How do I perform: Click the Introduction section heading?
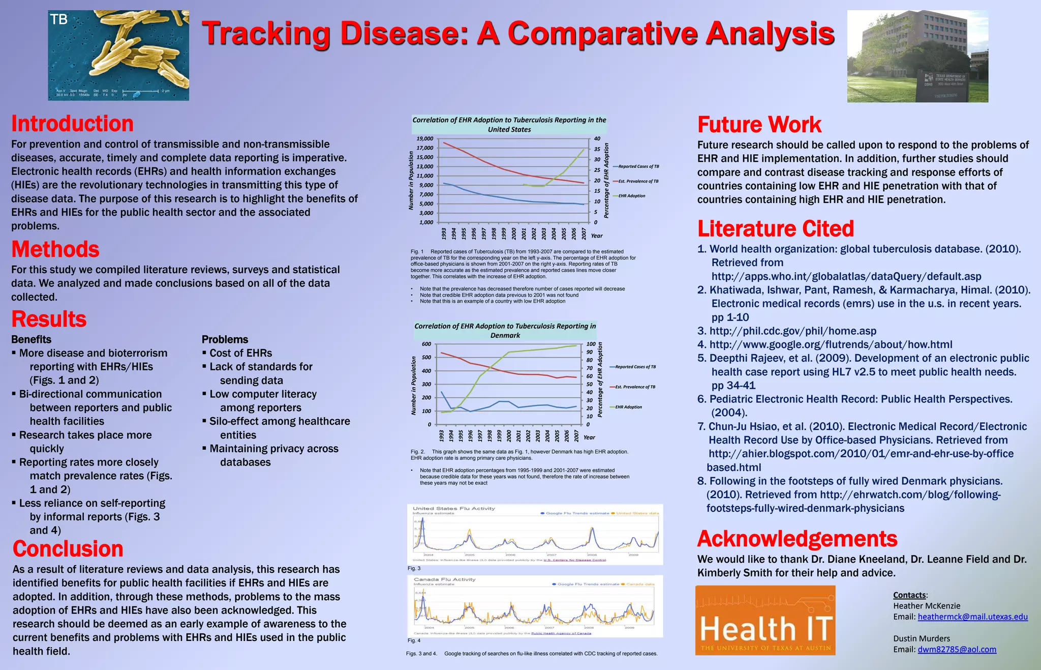coord(72,124)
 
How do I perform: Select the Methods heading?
coord(55,249)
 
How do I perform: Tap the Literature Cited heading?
coord(775,228)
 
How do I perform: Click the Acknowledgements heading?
coord(797,538)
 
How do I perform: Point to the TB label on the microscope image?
coord(59,20)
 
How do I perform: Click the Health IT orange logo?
coord(765,620)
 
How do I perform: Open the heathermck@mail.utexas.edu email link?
coord(972,617)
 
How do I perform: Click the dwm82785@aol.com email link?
coord(957,649)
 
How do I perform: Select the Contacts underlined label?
coord(910,595)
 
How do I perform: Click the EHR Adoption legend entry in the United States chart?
coord(631,196)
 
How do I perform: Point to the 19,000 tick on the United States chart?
coord(425,138)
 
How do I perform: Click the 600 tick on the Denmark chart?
coord(426,344)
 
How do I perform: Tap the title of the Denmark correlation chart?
coord(505,331)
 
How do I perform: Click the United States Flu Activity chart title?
coord(453,508)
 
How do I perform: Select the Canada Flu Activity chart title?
coord(444,579)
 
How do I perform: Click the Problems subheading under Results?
coord(225,339)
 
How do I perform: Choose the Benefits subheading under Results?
coord(31,339)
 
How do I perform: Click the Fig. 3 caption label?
coord(414,568)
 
